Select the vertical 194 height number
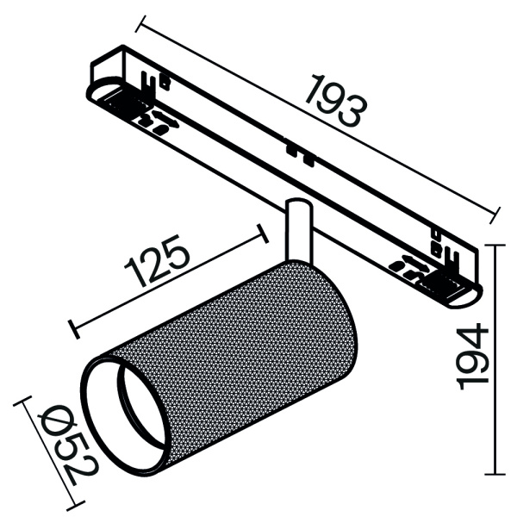click(472, 358)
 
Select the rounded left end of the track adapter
click(99, 95)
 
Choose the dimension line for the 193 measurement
click(319, 116)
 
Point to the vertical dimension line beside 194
click(495, 358)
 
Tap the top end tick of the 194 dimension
click(495, 246)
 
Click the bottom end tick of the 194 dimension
click(495, 473)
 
